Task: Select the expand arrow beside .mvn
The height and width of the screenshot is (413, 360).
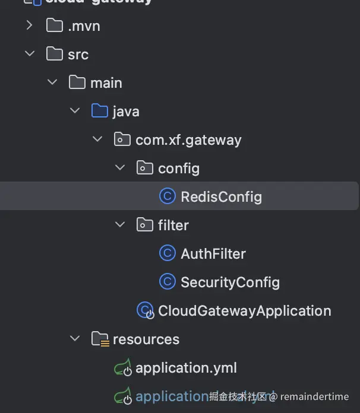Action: coord(29,26)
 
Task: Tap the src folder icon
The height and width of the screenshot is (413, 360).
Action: coord(54,54)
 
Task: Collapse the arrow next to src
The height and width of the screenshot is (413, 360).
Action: coord(29,54)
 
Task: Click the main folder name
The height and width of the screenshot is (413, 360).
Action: coord(106,82)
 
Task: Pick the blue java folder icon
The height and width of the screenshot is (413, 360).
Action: coord(99,111)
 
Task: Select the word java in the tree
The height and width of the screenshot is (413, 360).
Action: coord(125,111)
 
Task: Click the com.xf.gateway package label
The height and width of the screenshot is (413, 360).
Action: coord(188,139)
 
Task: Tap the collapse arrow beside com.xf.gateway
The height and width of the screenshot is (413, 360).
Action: coord(97,139)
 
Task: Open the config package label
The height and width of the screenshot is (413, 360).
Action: coord(178,168)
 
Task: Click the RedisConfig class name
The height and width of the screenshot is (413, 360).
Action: coord(221,196)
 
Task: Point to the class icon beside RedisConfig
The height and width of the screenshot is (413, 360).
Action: coord(168,196)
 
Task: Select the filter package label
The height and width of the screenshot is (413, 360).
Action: coord(173,225)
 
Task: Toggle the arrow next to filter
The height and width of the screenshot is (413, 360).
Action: coord(120,225)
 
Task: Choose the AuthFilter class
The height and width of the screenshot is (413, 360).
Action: coord(213,253)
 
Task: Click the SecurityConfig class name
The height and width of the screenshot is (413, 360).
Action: coord(230,282)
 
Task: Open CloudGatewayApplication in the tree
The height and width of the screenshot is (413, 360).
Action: coord(244,310)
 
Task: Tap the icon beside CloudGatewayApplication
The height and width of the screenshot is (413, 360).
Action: coord(145,310)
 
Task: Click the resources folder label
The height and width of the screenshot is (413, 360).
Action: coord(146,339)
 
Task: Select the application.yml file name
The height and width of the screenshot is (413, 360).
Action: coord(186,367)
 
